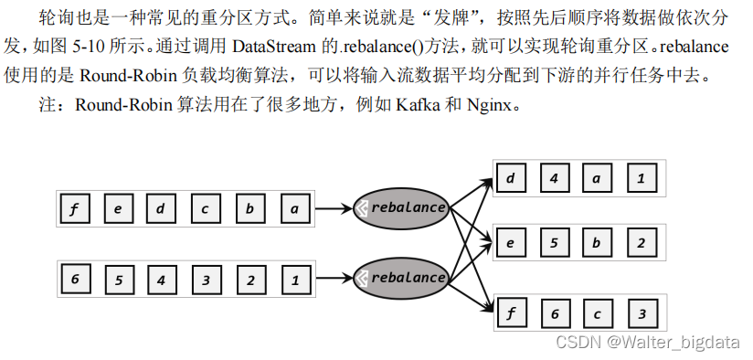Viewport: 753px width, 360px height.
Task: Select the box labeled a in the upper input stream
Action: tap(294, 208)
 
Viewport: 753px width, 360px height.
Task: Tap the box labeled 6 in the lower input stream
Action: tap(75, 279)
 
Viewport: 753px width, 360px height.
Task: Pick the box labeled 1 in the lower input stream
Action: tap(294, 279)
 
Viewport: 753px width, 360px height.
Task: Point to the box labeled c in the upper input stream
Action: tap(206, 208)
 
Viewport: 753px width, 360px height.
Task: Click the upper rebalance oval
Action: tap(400, 207)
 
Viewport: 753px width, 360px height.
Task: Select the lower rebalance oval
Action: tap(400, 277)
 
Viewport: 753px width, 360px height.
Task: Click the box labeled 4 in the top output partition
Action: tap(554, 178)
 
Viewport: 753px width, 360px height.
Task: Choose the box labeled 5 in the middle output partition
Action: tap(554, 244)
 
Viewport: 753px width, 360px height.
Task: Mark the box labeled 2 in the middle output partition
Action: tap(642, 244)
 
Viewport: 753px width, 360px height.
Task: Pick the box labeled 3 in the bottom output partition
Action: tap(642, 314)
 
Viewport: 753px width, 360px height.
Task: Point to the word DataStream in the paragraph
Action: tap(275, 46)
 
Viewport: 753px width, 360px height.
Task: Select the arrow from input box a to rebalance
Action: tap(334, 208)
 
